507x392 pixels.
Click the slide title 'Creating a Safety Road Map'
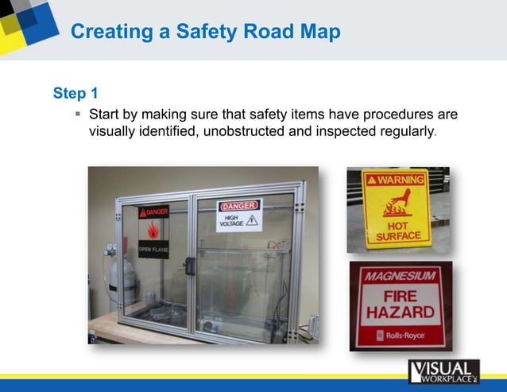pyautogui.click(x=205, y=32)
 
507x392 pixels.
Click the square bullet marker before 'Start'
pyautogui.click(x=78, y=114)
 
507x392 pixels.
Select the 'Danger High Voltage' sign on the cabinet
pyautogui.click(x=239, y=215)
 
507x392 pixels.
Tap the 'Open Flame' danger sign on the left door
pyautogui.click(x=153, y=231)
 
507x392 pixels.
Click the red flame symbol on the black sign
pyautogui.click(x=153, y=229)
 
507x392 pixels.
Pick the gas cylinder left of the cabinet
pyautogui.click(x=121, y=282)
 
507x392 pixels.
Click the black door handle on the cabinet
pyautogui.click(x=191, y=266)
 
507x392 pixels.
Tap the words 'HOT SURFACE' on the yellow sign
pyautogui.click(x=397, y=231)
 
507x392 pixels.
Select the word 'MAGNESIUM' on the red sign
pyautogui.click(x=400, y=276)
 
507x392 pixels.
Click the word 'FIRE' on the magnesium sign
pyautogui.click(x=400, y=293)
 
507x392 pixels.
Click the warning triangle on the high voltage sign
pyautogui.click(x=252, y=220)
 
